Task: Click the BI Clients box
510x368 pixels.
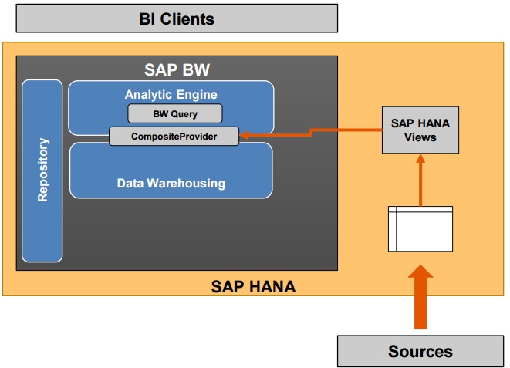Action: (x=177, y=18)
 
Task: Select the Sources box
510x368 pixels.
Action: (x=420, y=351)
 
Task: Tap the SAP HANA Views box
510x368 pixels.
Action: (x=420, y=130)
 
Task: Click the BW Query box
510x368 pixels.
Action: (x=174, y=113)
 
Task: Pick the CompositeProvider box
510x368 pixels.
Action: (x=174, y=137)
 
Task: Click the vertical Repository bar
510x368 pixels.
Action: (x=42, y=170)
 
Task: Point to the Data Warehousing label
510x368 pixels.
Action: (x=171, y=184)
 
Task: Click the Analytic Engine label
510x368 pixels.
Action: (x=171, y=94)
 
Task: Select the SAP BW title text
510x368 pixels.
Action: (x=177, y=70)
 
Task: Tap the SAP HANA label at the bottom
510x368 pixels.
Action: (x=253, y=287)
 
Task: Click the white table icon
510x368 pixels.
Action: (x=420, y=228)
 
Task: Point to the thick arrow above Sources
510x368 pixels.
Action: (x=420, y=297)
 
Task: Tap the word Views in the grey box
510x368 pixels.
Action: (x=420, y=137)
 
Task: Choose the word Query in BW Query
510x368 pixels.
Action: (x=186, y=113)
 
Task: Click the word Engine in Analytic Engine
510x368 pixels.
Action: (x=197, y=94)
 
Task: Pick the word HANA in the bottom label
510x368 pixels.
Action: (x=269, y=287)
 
